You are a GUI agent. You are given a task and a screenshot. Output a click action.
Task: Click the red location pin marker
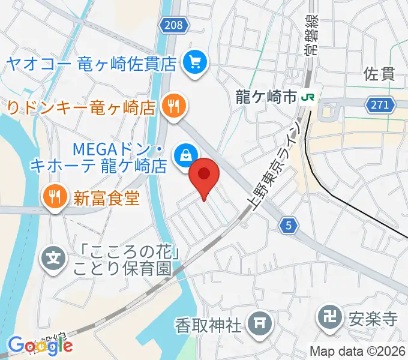204,176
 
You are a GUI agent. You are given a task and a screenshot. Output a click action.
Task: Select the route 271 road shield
380,106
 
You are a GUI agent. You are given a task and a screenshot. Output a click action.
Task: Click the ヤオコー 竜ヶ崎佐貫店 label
90,62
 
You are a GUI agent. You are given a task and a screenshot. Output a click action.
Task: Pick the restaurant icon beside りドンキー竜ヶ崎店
174,107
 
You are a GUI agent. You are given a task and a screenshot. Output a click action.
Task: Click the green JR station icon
310,96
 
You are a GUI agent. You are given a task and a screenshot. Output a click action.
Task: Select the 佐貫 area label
380,74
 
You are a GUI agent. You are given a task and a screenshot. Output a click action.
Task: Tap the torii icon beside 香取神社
259,325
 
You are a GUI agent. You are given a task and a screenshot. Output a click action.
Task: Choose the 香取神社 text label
208,326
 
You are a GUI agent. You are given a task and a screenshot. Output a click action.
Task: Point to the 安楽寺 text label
373,316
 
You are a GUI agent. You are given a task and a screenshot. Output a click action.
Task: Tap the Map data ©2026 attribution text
358,352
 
